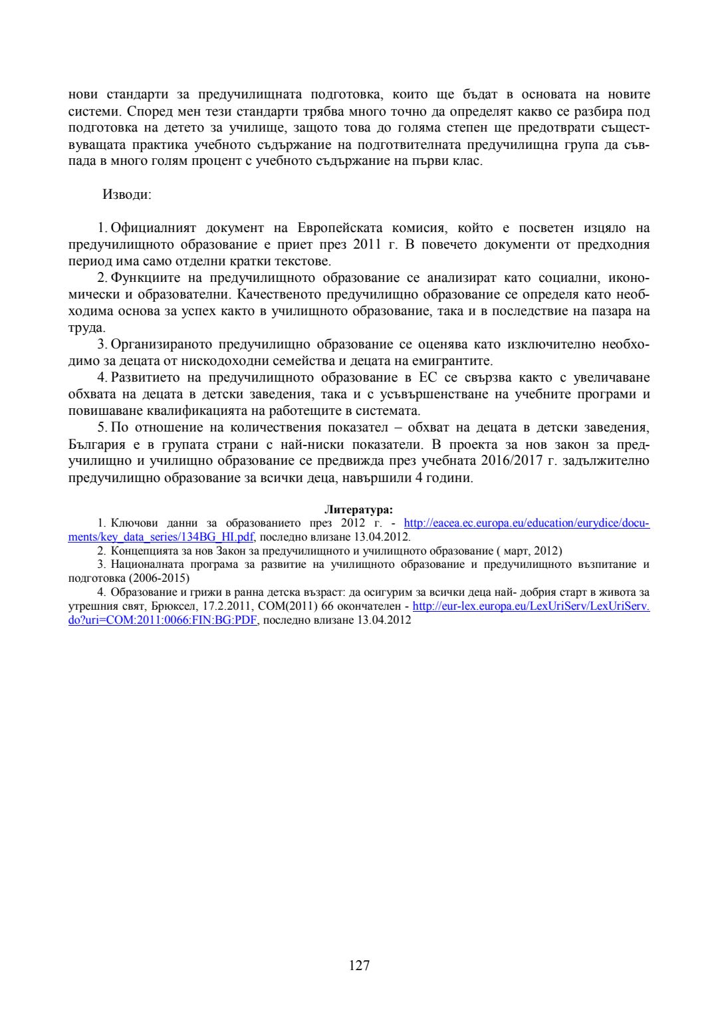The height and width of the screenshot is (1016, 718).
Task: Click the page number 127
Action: tap(359, 965)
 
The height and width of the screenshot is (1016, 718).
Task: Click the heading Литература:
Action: tap(358, 510)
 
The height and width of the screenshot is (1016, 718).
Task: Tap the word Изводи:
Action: tap(126, 195)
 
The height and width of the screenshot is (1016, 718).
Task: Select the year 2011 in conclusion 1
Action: tap(366, 245)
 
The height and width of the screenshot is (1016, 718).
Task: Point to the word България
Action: tap(96, 444)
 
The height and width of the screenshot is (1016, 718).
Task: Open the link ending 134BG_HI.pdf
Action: tap(162, 537)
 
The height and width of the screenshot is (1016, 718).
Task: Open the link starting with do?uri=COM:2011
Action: tap(162, 620)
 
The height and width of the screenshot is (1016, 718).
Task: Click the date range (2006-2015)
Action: tap(159, 578)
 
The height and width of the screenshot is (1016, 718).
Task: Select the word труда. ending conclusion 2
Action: tap(86, 328)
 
